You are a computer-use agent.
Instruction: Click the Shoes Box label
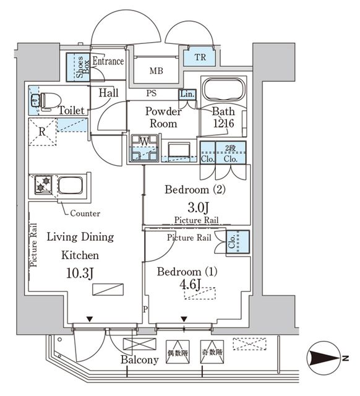(x=79, y=66)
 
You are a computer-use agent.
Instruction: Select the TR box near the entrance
(x=199, y=58)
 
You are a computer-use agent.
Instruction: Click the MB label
(x=156, y=71)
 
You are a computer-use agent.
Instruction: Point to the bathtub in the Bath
(x=223, y=90)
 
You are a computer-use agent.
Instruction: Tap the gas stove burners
(x=43, y=184)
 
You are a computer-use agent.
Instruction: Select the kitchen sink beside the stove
(x=70, y=185)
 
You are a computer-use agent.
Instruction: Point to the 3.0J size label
(x=196, y=207)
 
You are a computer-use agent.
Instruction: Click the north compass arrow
(x=323, y=358)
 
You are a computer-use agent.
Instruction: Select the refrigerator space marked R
(x=41, y=131)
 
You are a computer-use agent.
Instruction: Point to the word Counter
(x=85, y=213)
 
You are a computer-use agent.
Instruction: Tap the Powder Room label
(x=163, y=118)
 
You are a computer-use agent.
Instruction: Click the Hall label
(x=109, y=92)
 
